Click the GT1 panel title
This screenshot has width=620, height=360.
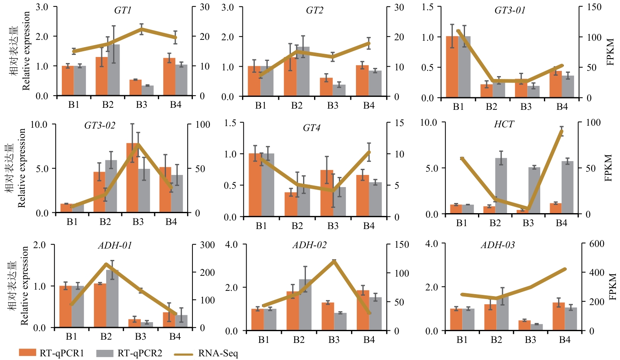click(122, 11)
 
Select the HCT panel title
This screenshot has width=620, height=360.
click(504, 124)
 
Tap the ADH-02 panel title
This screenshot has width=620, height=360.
click(309, 245)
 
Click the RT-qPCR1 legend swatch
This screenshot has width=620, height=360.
click(27, 353)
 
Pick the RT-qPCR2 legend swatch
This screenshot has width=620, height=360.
click(105, 353)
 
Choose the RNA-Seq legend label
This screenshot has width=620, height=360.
click(218, 353)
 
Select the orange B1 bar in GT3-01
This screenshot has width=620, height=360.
click(452, 67)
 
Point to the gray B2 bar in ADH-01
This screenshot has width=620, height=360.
click(112, 299)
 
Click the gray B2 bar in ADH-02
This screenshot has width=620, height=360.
click(305, 305)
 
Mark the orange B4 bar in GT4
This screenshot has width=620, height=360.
click(362, 196)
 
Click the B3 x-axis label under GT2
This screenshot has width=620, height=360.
click(332, 106)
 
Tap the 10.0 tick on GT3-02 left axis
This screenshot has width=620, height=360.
click(39, 124)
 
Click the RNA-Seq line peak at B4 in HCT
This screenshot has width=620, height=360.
click(561, 131)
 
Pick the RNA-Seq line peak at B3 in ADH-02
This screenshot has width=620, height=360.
click(334, 261)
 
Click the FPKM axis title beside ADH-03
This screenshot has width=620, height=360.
click(612, 287)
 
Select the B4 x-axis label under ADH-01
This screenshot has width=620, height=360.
click(175, 337)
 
